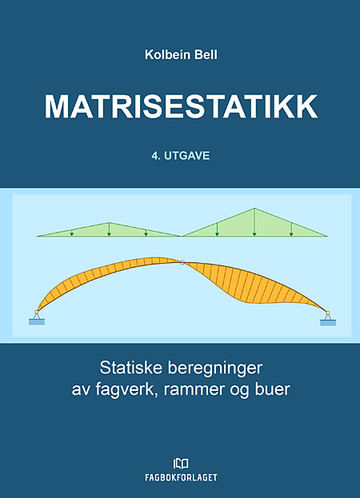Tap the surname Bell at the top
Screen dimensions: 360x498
(206, 54)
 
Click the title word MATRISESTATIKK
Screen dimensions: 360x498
(181, 106)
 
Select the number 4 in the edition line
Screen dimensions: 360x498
(155, 156)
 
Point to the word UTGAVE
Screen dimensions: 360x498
(187, 156)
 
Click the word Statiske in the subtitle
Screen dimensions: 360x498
(131, 368)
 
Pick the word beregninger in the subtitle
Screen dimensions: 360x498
(215, 369)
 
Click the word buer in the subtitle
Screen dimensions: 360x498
(273, 389)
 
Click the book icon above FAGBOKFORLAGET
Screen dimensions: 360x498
(181, 464)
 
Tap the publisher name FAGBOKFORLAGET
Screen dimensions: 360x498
(181, 477)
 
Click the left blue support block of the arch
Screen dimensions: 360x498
(37, 321)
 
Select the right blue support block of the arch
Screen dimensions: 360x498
(328, 323)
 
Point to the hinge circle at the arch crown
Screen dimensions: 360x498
(182, 262)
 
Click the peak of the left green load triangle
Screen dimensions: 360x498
(109, 222)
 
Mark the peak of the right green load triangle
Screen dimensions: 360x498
(254, 208)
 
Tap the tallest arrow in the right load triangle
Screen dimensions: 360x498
(254, 222)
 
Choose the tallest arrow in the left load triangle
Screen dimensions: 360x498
(109, 229)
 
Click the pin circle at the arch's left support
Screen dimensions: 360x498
(37, 313)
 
